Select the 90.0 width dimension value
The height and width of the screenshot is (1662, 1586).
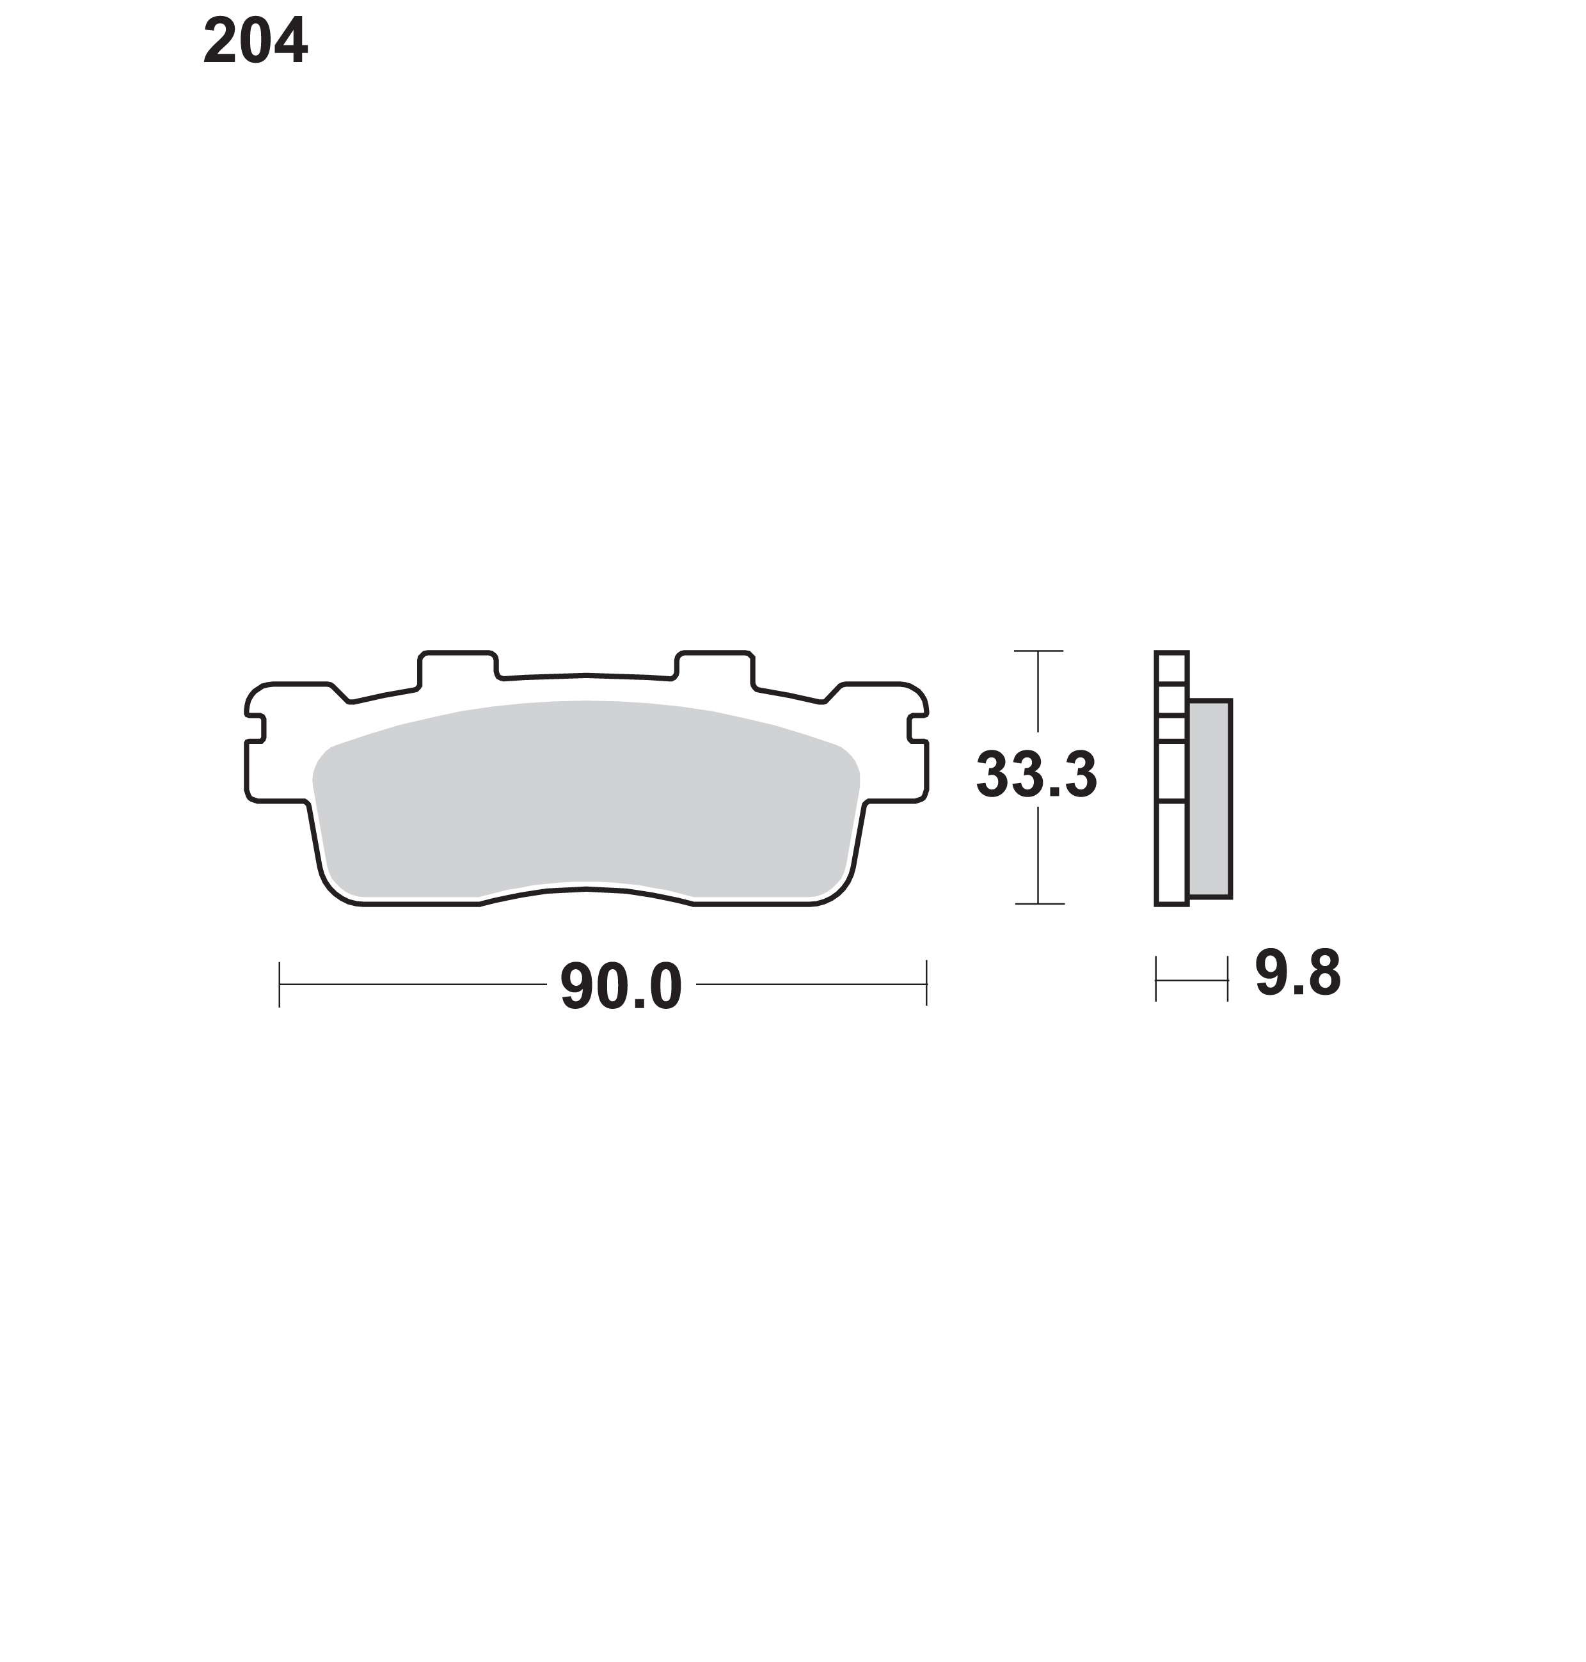click(621, 986)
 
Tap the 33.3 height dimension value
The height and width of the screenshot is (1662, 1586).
click(1036, 774)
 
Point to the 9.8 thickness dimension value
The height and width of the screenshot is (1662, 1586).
click(1297, 974)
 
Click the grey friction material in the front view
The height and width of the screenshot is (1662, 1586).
click(586, 799)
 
